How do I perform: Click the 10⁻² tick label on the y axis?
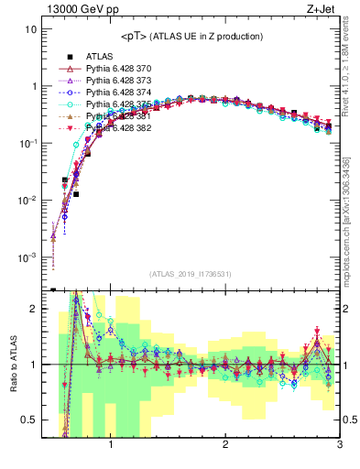tap(27, 201)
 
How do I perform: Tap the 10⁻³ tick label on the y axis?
tap(27, 257)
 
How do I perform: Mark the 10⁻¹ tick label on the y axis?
tap(27, 144)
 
